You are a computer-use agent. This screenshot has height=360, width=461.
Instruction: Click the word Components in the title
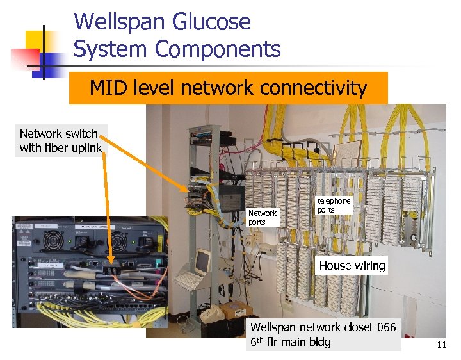[x=227, y=49]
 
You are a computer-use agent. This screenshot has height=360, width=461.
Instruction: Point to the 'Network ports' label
[x=262, y=217]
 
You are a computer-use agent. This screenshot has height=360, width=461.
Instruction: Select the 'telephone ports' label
[x=334, y=205]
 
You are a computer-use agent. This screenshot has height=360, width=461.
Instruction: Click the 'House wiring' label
[x=352, y=265]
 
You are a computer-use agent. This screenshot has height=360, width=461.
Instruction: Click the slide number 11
[x=441, y=345]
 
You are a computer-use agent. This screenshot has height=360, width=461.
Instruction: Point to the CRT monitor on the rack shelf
[x=202, y=260]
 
